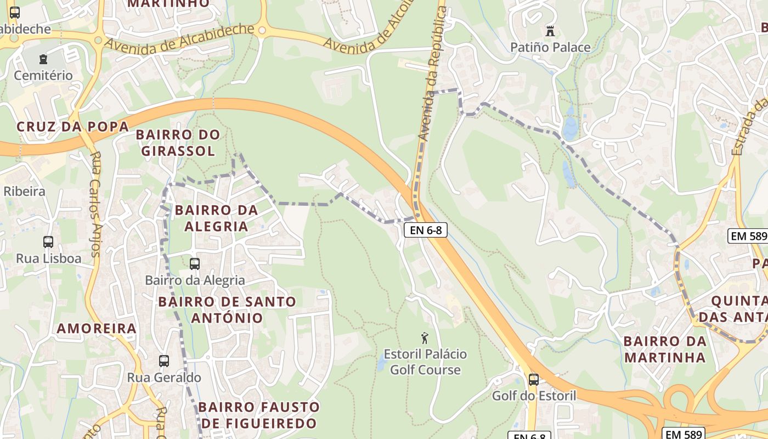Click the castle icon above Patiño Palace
[550, 31]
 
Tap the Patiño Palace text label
[550, 47]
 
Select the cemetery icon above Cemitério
[43, 59]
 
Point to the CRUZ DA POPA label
[72, 127]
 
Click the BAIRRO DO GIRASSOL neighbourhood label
[178, 143]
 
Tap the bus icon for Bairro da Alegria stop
[195, 264]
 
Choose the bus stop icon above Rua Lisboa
[48, 242]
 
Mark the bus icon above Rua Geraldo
[164, 361]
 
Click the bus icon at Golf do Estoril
[533, 379]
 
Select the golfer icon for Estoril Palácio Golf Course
[424, 338]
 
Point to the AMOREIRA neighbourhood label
[97, 329]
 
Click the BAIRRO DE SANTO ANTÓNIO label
[227, 309]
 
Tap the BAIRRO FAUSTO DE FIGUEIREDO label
[259, 415]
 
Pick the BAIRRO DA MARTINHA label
[665, 349]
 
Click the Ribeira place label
[24, 192]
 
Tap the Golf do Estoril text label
[534, 396]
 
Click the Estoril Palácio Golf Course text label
[425, 362]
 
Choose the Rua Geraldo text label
[164, 378]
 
